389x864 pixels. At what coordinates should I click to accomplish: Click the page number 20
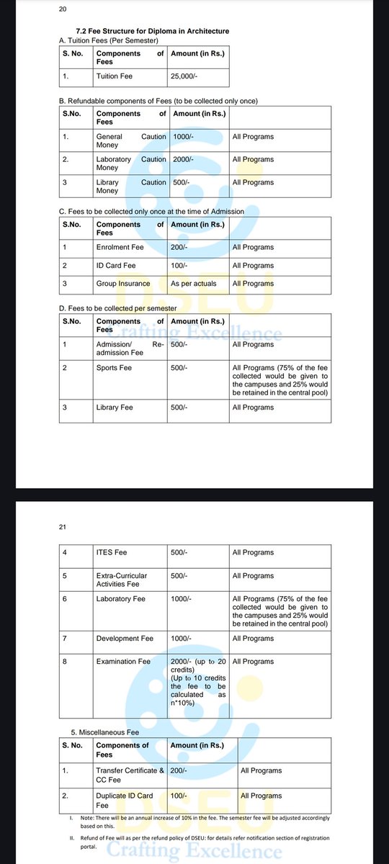click(x=62, y=11)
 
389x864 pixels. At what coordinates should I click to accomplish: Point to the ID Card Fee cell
click(x=115, y=266)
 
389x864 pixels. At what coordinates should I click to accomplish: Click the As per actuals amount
click(x=193, y=284)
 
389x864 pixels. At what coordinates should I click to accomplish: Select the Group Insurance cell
click(x=123, y=284)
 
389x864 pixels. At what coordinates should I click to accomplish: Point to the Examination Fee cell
click(x=123, y=661)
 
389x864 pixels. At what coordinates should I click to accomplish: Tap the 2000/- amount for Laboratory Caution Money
click(x=184, y=159)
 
